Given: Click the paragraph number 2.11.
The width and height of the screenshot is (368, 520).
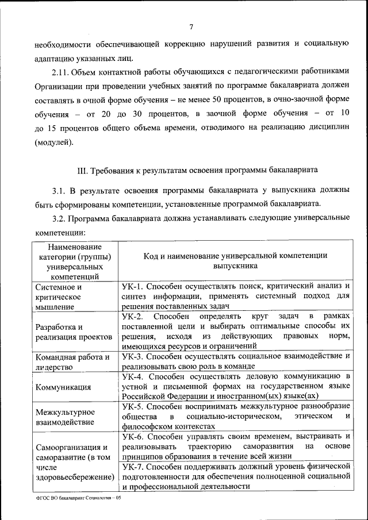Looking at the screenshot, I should pyautogui.click(x=62, y=71).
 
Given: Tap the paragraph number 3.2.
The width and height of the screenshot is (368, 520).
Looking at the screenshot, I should pyautogui.click(x=59, y=218).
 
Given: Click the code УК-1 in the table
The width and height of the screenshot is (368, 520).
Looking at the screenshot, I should pyautogui.click(x=133, y=286).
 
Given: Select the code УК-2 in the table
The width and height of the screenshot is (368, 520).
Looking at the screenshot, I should pyautogui.click(x=133, y=317).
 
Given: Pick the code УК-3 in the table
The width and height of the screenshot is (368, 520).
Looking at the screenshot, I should pyautogui.click(x=133, y=356).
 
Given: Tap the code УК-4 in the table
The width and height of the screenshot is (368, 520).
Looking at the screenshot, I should pyautogui.click(x=133, y=376).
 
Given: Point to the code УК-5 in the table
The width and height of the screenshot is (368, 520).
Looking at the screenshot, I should pyautogui.click(x=133, y=406).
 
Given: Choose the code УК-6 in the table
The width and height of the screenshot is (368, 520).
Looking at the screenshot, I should pyautogui.click(x=133, y=436).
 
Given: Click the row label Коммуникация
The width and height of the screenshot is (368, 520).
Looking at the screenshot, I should pyautogui.click(x=63, y=387).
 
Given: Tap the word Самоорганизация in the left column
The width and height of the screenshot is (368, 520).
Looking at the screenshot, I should pyautogui.click(x=68, y=447).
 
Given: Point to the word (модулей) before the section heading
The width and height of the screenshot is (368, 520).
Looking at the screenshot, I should pyautogui.click(x=53, y=141).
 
